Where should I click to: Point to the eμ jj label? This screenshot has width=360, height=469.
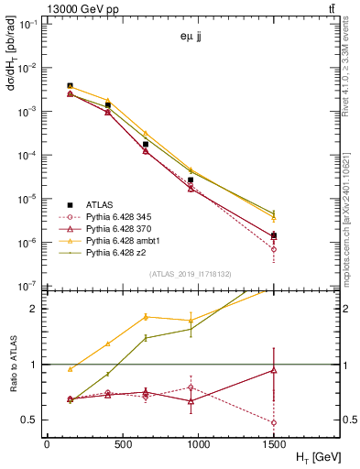point(191,38)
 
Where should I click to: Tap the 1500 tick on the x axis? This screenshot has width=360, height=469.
point(273,442)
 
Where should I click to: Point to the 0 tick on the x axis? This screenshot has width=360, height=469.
point(47,442)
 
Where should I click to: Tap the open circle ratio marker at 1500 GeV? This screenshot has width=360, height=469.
point(273,423)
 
